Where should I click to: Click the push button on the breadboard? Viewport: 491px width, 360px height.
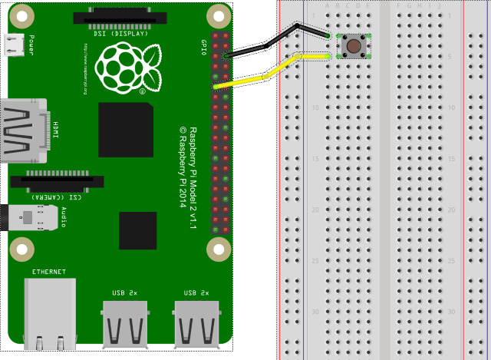click(x=354, y=46)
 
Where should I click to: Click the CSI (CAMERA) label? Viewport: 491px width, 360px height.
click(x=58, y=197)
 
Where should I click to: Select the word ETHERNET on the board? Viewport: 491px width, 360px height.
click(x=49, y=272)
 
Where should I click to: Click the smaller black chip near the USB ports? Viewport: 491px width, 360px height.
click(x=138, y=231)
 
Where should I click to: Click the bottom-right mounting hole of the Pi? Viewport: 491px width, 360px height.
click(x=219, y=249)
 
